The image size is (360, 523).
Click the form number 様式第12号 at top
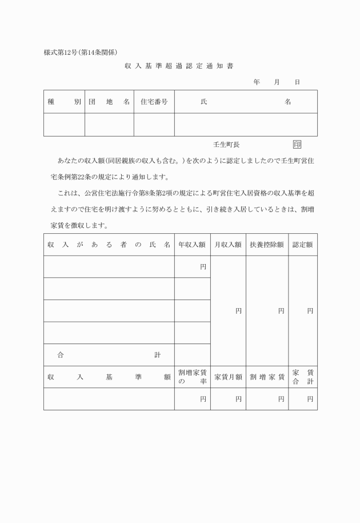[x=61, y=53]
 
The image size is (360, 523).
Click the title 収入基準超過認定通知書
[x=179, y=66]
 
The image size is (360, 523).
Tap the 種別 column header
[x=64, y=102]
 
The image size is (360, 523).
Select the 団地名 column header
[x=109, y=102]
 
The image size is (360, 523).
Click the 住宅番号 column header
[x=154, y=102]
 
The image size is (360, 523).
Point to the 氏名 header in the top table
[x=246, y=102]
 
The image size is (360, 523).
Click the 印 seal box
[x=297, y=145]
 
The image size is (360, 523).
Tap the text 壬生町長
[x=226, y=145]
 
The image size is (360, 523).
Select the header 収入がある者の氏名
[x=109, y=245]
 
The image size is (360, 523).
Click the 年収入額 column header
[x=192, y=245]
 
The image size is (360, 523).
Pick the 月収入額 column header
[x=228, y=245]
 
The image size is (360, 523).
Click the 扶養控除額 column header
[x=267, y=245]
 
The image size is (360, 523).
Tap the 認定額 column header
[x=303, y=245]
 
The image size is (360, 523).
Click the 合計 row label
[x=109, y=355]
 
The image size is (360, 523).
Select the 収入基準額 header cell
[x=109, y=377]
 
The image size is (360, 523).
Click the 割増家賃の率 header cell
[x=192, y=377]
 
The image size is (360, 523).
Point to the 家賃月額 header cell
[x=228, y=377]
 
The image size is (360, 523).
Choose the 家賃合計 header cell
[x=303, y=377]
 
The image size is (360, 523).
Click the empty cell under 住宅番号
[x=154, y=125]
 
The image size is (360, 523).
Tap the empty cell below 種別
[x=64, y=125]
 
